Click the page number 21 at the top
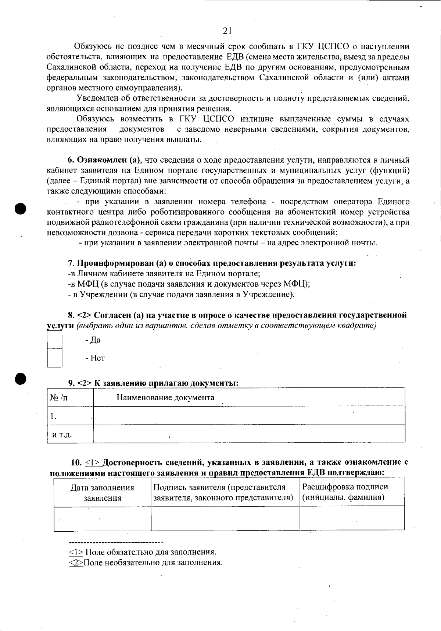227,31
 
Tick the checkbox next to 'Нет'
55,358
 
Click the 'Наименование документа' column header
165,397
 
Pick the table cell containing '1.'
70,416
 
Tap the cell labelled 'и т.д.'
70,434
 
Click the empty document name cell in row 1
249,416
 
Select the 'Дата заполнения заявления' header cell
102,493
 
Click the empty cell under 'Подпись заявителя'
225,519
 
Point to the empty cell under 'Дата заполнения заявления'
102,519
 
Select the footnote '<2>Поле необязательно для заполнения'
146,563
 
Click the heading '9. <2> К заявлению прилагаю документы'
153,383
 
